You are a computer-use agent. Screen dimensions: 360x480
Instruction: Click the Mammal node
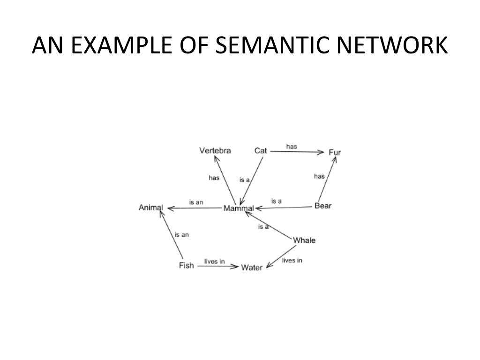[239, 208]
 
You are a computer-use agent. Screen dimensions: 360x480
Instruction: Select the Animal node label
[151, 208]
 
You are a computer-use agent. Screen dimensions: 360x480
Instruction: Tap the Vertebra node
[215, 150]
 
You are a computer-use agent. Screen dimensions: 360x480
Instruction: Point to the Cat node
[261, 150]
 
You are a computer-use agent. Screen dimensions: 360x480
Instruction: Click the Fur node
[335, 152]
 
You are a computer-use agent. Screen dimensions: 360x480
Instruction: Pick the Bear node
[323, 206]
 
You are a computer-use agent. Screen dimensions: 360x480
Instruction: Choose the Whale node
[304, 240]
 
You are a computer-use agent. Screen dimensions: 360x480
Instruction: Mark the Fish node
[186, 266]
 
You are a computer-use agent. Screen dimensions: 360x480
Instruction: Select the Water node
[252, 268]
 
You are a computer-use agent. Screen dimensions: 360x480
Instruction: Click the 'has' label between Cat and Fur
[292, 146]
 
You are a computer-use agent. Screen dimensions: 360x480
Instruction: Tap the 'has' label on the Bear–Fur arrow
[319, 176]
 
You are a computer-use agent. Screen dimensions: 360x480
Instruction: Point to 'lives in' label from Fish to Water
[214, 261]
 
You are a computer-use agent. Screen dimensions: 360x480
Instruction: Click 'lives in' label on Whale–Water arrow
[292, 260]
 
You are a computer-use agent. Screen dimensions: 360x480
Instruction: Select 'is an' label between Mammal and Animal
[196, 202]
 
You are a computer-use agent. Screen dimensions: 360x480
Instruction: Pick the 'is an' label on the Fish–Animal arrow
[181, 235]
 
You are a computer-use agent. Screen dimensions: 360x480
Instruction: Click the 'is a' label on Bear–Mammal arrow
[277, 201]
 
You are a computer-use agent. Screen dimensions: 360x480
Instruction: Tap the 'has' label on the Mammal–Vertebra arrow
[214, 178]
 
